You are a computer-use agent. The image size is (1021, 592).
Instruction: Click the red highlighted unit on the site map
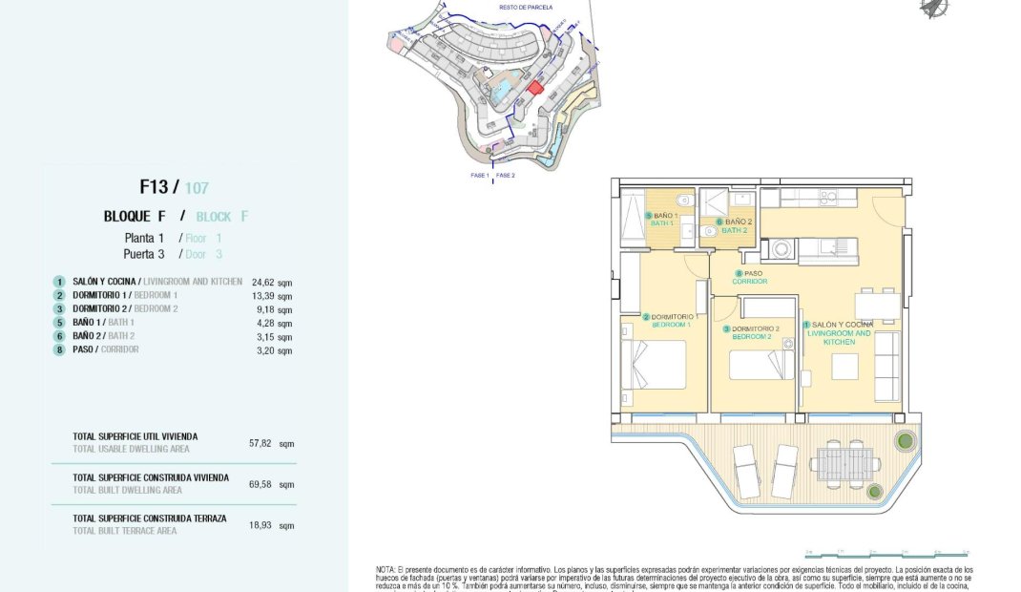[536, 87]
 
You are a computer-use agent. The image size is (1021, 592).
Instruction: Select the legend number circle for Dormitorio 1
[59, 296]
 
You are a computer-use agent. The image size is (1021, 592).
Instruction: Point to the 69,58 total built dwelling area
[260, 484]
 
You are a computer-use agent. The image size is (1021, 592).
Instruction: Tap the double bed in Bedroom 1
[656, 364]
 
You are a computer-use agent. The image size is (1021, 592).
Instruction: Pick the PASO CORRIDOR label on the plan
[750, 277]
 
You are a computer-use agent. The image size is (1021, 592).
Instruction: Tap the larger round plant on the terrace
[904, 441]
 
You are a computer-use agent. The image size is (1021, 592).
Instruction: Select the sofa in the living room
[886, 366]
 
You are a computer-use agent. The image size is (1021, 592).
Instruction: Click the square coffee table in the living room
[844, 367]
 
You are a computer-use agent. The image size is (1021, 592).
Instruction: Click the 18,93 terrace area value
[260, 525]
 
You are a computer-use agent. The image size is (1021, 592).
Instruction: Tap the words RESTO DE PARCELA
[520, 7]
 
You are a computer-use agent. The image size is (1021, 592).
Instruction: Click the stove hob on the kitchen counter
[828, 198]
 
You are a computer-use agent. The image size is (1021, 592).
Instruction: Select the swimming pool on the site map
[499, 91]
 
